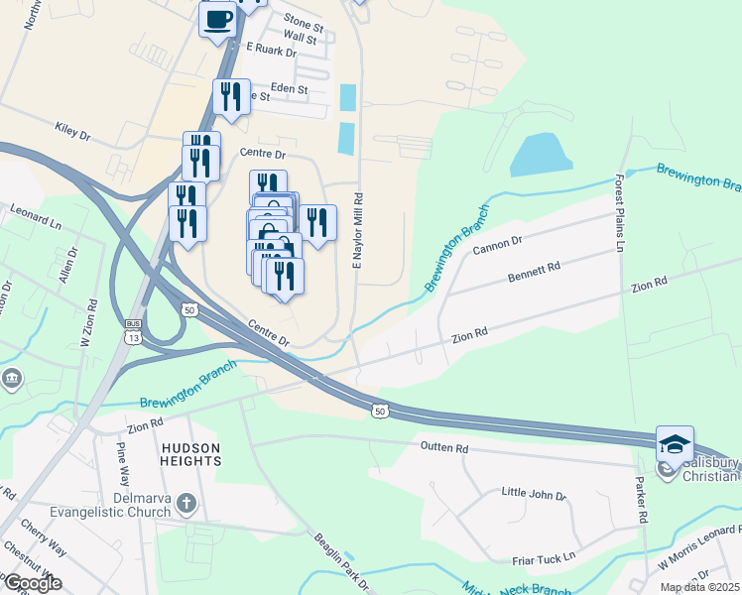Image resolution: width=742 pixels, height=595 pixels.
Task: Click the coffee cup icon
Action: (x=218, y=18)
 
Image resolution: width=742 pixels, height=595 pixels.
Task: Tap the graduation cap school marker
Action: (x=675, y=444)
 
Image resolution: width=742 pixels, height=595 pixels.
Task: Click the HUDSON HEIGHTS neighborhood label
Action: (x=191, y=455)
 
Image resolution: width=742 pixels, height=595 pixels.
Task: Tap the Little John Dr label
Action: (x=533, y=494)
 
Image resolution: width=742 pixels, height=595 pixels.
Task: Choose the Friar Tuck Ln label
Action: (x=543, y=557)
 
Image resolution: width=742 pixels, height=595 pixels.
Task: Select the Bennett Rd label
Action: (x=534, y=268)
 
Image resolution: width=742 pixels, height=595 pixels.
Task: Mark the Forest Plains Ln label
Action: (x=618, y=214)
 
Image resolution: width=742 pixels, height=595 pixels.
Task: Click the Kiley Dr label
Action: (x=75, y=129)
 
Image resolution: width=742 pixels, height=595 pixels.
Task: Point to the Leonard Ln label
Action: (x=35, y=210)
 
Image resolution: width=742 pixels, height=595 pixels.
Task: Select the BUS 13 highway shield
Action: (x=132, y=330)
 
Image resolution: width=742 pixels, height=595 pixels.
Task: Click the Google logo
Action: (x=32, y=583)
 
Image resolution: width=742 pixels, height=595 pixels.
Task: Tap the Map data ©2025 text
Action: (x=698, y=587)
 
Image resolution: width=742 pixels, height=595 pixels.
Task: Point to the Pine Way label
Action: (x=123, y=462)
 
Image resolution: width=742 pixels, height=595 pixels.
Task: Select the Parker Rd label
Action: (x=642, y=504)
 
